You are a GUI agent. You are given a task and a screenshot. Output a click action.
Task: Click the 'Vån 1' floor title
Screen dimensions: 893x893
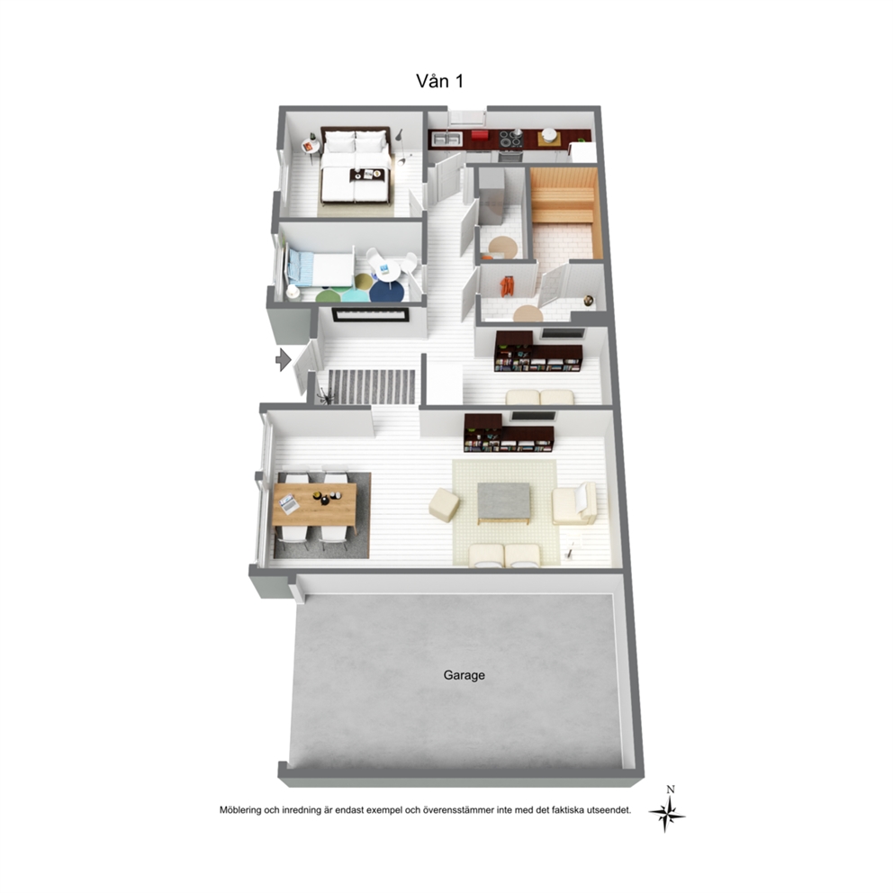(x=439, y=81)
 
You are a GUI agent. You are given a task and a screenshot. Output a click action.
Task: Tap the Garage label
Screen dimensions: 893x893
(x=465, y=675)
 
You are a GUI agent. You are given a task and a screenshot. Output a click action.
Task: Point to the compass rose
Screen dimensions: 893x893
(x=667, y=814)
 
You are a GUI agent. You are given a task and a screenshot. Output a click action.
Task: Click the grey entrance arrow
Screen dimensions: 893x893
(x=283, y=359)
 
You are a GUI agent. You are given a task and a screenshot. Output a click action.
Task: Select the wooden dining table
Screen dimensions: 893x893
(x=314, y=505)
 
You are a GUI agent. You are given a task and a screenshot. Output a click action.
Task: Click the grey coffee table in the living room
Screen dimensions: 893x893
(x=504, y=503)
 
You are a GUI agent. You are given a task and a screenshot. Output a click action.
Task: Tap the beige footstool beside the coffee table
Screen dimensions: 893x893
(x=444, y=505)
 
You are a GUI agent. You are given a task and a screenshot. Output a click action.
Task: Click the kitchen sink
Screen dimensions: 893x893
(x=447, y=139)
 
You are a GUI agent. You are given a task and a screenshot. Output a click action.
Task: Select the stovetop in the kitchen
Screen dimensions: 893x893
(x=510, y=139)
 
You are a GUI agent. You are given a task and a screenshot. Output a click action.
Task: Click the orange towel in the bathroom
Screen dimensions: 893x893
(x=506, y=286)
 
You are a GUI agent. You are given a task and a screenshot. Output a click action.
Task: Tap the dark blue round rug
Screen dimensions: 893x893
(x=387, y=292)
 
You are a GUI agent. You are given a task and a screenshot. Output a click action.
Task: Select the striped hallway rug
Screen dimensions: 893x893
(x=371, y=387)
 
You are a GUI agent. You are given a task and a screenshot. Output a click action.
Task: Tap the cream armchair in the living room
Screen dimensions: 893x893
(x=574, y=503)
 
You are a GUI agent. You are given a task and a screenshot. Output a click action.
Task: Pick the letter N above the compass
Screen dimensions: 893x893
(x=671, y=789)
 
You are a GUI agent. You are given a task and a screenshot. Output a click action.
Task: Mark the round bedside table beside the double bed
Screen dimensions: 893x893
(x=311, y=146)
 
